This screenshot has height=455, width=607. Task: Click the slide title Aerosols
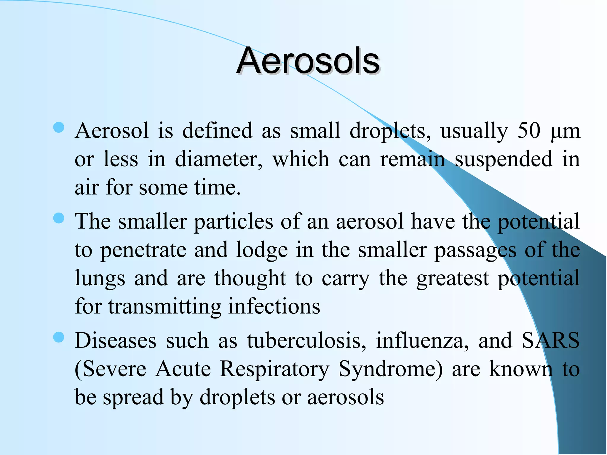[x=308, y=61]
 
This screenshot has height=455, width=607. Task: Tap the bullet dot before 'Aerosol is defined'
[x=59, y=128]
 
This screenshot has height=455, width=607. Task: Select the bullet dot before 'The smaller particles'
[x=59, y=218]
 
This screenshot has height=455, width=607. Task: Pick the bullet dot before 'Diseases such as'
[x=59, y=337]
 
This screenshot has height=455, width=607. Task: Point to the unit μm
[x=565, y=131]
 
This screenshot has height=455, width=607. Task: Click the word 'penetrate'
[x=143, y=250]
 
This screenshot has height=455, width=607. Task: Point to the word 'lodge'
[x=262, y=250]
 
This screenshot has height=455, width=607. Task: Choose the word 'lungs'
[x=100, y=279]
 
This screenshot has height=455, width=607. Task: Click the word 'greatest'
[x=453, y=279]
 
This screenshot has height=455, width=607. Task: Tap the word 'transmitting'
[x=164, y=307]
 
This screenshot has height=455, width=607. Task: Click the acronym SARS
[x=550, y=340]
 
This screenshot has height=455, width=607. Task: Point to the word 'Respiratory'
[x=274, y=369]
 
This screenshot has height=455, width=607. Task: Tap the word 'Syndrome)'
[x=391, y=369]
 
